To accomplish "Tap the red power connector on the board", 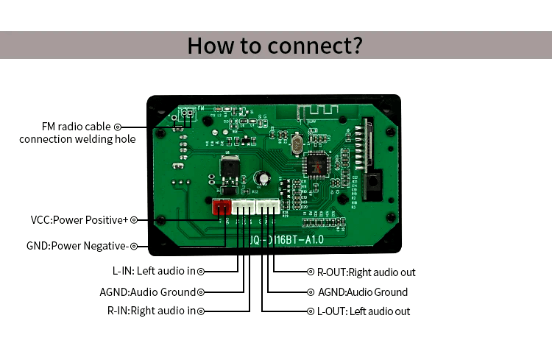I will (x=222, y=208).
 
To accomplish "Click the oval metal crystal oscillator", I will (x=295, y=146).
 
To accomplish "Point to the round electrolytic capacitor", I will (x=261, y=179).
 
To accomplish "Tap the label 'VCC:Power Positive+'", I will (x=79, y=220).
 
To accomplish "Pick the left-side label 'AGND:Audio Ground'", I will (x=147, y=292).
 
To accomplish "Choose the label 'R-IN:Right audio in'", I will (x=151, y=311).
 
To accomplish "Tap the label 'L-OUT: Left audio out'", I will (x=363, y=311).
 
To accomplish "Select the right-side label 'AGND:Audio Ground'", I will (x=362, y=292).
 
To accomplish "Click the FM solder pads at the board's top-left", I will (x=187, y=113).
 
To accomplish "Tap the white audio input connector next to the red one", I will (x=244, y=208).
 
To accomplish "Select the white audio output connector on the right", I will (x=268, y=208).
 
